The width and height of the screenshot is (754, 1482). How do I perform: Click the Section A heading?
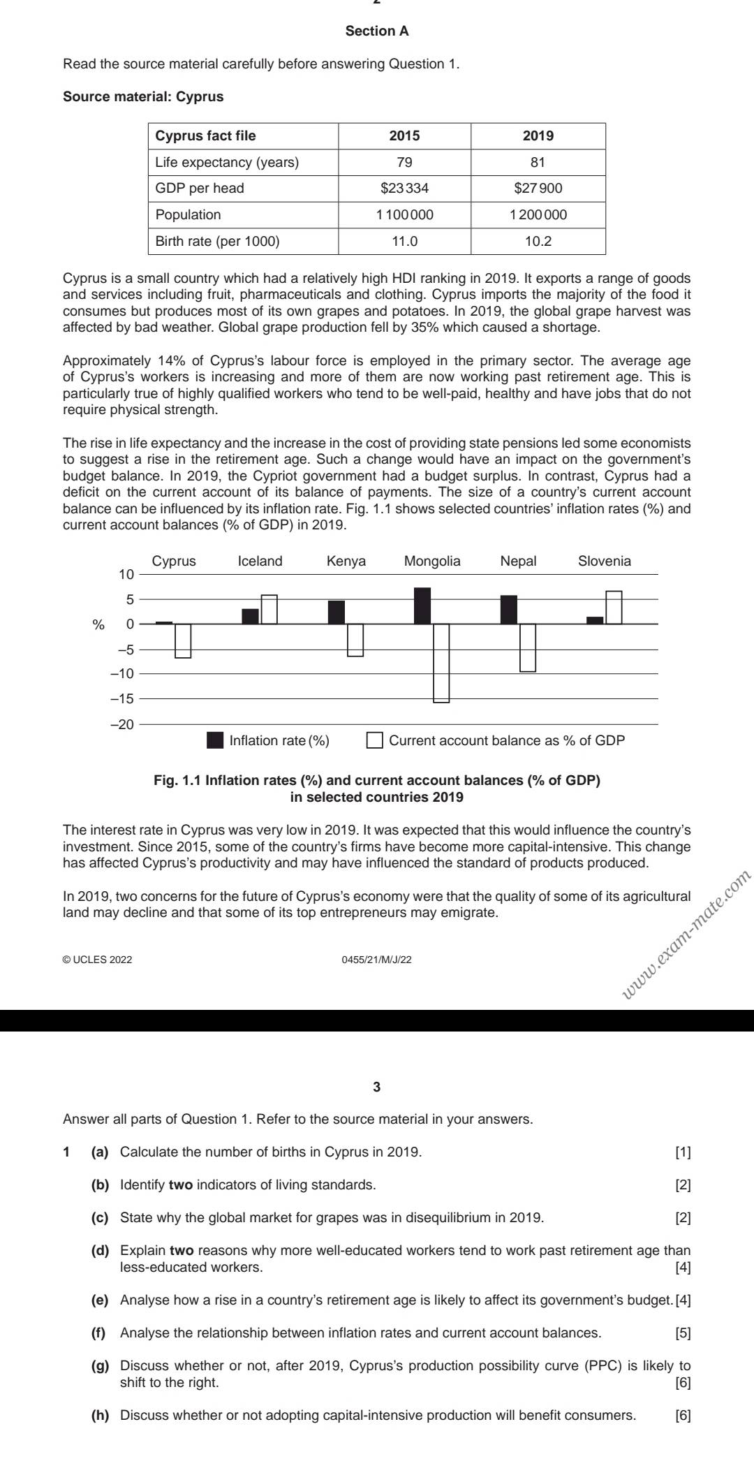pyautogui.click(x=377, y=31)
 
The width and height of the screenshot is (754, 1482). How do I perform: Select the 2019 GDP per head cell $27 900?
pyautogui.click(x=538, y=189)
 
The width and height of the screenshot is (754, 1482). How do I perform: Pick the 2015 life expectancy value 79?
pyautogui.click(x=404, y=162)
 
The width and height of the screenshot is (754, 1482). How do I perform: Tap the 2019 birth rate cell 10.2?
pyautogui.click(x=538, y=242)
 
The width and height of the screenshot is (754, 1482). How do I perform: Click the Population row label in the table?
pyautogui.click(x=188, y=215)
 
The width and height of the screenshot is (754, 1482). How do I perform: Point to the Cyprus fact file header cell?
pyautogui.click(x=205, y=135)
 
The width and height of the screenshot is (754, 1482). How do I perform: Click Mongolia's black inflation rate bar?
pyautogui.click(x=422, y=606)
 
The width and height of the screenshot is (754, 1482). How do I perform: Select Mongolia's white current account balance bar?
pyautogui.click(x=441, y=662)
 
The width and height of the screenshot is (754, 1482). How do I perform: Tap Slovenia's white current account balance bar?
pyautogui.click(x=614, y=607)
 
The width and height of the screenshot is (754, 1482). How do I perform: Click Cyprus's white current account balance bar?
pyautogui.click(x=183, y=640)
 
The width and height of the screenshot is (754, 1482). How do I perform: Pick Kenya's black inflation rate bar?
pyautogui.click(x=337, y=612)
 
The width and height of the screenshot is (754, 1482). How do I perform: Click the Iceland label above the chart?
pyautogui.click(x=260, y=562)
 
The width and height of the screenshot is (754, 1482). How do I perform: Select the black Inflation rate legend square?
pyautogui.click(x=215, y=740)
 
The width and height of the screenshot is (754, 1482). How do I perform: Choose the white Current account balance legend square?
pyautogui.click(x=375, y=740)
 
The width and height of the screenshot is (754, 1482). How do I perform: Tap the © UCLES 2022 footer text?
pyautogui.click(x=97, y=960)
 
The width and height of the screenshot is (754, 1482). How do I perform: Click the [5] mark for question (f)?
pyautogui.click(x=683, y=1333)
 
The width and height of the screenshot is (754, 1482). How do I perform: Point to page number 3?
pyautogui.click(x=377, y=1087)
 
